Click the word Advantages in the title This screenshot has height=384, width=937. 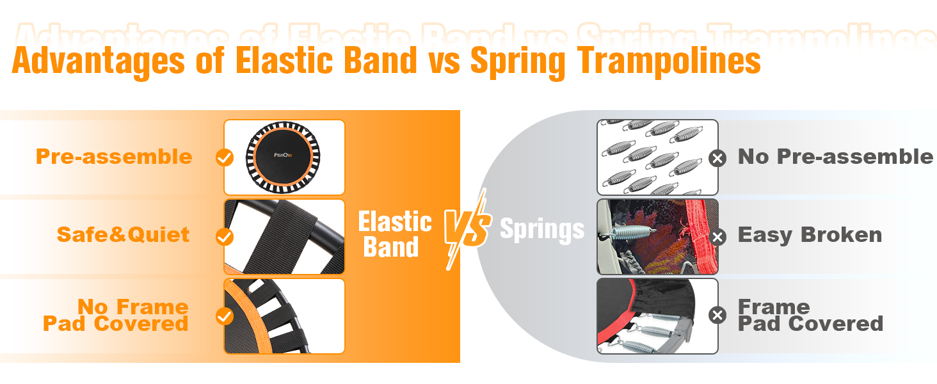tap(99, 61)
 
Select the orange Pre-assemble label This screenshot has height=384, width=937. tap(114, 156)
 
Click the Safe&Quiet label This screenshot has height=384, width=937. tap(123, 234)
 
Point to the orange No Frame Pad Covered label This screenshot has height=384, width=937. tap(116, 315)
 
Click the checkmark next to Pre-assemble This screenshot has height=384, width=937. tap(225, 157)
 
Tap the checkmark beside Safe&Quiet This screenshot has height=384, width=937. tap(225, 237)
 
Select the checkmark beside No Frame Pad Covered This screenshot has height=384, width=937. tap(225, 316)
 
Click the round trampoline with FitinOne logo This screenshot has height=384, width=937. tap(283, 157)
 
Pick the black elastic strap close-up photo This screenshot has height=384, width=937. tap(284, 237)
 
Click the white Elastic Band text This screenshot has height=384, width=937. tap(394, 234)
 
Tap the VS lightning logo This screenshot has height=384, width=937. tap(467, 229)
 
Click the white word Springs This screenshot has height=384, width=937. tap(542, 229)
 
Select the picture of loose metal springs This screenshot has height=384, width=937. tap(657, 157)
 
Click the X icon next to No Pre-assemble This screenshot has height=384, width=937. tap(717, 158)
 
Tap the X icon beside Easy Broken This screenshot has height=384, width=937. tap(717, 237)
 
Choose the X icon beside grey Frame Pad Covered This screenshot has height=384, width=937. tap(717, 315)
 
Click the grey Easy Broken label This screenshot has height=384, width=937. tap(810, 235)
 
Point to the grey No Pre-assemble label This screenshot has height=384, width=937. tap(835, 156)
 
